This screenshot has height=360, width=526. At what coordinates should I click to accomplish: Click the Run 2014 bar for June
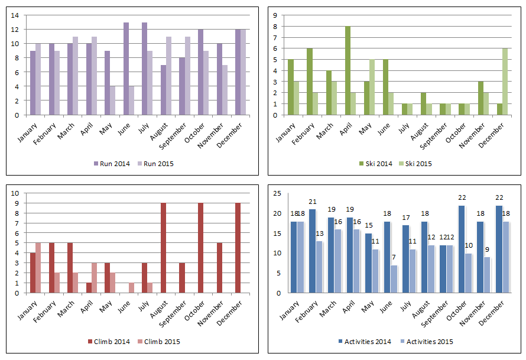126,69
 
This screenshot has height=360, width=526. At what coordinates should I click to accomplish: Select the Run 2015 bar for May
112,100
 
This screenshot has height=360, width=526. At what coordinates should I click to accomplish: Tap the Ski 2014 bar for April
348,70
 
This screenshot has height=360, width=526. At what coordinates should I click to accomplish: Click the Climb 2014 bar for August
163,248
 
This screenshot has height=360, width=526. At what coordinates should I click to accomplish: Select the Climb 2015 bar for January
38,268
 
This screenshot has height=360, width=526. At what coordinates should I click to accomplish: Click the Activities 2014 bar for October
462,249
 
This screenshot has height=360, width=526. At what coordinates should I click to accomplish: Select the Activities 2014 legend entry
366,342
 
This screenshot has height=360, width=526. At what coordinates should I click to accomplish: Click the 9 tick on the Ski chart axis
274,15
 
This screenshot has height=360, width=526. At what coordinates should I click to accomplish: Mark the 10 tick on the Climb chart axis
15,193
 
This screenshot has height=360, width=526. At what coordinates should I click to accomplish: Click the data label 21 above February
313,202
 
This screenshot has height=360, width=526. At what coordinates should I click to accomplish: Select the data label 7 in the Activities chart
394,257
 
